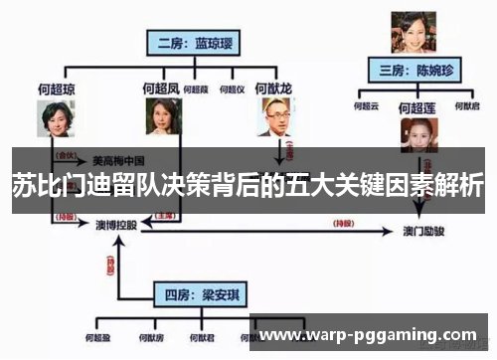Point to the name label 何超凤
click(x=161, y=88)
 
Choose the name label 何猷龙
click(x=273, y=88)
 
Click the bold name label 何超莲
click(x=417, y=107)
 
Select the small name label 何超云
click(x=367, y=104)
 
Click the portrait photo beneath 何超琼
click(x=57, y=121)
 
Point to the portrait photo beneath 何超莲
click(x=417, y=134)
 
